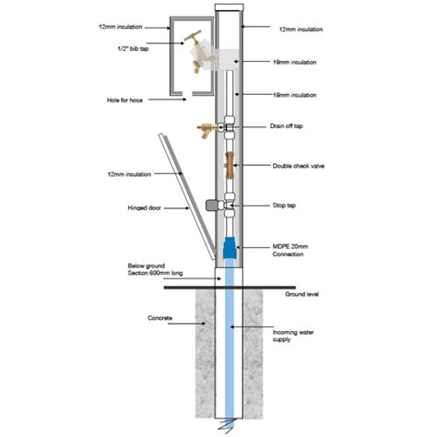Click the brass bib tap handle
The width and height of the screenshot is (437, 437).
pos(193,36)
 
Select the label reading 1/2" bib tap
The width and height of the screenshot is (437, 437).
pos(134,49)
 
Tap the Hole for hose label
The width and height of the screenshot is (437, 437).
pos(124,100)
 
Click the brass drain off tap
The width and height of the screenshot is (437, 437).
pos(208,130)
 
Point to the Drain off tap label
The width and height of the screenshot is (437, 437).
pos(287,126)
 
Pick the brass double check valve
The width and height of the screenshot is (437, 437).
pos(230,165)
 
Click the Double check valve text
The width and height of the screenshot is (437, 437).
pos(299,166)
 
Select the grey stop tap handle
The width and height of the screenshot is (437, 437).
pos(211,205)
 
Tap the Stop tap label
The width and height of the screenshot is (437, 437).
pos(284,206)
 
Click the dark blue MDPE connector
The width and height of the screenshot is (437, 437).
pos(230,247)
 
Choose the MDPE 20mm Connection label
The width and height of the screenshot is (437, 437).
pos(290,251)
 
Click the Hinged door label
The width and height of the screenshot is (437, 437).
pos(144,208)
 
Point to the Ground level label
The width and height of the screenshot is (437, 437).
pos(301,294)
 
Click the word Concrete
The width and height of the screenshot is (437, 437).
pos(159,318)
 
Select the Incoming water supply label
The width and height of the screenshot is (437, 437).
pos(293,336)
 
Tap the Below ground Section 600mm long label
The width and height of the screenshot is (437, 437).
pos(155,269)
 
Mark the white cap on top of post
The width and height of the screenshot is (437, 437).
pos(230,7)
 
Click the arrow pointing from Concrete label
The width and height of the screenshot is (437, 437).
pos(186,324)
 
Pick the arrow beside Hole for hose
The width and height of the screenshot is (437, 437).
pos(168,100)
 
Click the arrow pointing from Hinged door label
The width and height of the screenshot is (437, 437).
pos(176,208)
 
